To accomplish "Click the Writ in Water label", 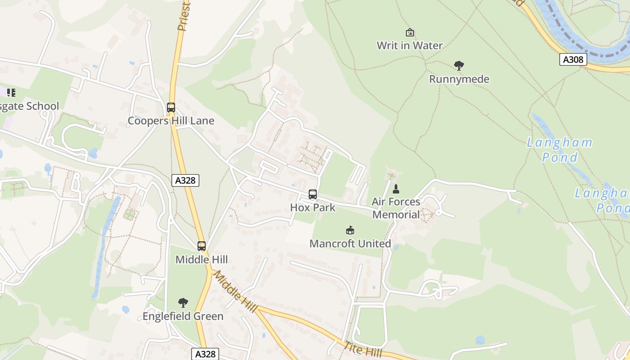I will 409,45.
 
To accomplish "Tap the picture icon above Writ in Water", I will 409,32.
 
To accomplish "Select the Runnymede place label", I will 459,79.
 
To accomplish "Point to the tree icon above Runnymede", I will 459,66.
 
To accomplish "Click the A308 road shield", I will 573,59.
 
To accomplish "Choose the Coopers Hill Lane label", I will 171,121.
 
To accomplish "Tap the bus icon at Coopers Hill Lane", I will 171,108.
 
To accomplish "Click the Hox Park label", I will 313,207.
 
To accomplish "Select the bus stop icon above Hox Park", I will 313,194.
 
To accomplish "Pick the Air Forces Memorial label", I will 396,208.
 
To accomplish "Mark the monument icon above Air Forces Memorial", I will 396,189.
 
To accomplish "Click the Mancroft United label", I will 350,243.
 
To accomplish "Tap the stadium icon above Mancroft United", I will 350,230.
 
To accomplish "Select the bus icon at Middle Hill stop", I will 202,246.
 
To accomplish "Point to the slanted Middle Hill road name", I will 234,291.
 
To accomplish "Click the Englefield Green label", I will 183,316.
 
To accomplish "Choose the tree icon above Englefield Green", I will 183,303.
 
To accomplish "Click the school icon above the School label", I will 11,93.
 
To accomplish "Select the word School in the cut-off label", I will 43,106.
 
